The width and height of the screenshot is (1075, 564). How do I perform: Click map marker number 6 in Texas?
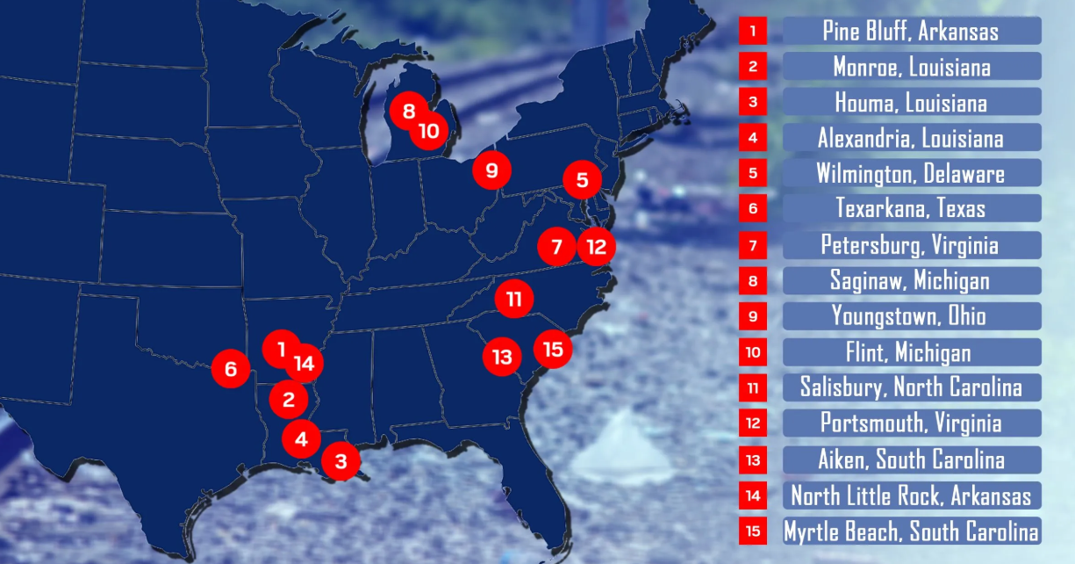(231, 368)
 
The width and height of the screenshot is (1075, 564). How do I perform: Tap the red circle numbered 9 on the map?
(491, 170)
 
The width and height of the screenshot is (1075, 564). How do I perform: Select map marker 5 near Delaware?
(582, 181)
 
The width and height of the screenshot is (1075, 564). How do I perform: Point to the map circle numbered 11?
(513, 299)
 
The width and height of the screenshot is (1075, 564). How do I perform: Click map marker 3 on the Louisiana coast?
(340, 459)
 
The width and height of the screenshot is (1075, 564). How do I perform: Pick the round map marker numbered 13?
(502, 357)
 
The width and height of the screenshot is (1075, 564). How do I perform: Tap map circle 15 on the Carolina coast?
(553, 349)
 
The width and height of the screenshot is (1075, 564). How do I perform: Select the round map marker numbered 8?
(409, 111)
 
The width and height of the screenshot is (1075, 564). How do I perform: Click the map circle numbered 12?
(596, 246)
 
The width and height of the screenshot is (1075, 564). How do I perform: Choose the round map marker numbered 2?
(289, 401)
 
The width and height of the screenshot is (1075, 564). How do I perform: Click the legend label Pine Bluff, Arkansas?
(911, 31)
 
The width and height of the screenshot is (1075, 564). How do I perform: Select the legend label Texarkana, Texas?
(911, 208)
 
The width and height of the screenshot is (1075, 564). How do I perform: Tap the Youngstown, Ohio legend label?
(911, 315)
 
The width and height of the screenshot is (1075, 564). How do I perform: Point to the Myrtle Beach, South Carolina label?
(911, 531)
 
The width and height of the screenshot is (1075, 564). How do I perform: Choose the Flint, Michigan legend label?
(911, 352)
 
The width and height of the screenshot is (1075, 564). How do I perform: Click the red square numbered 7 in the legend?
(753, 245)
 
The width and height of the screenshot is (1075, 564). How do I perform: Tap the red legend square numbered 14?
(753, 495)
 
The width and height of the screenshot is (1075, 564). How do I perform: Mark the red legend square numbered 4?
(753, 138)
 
